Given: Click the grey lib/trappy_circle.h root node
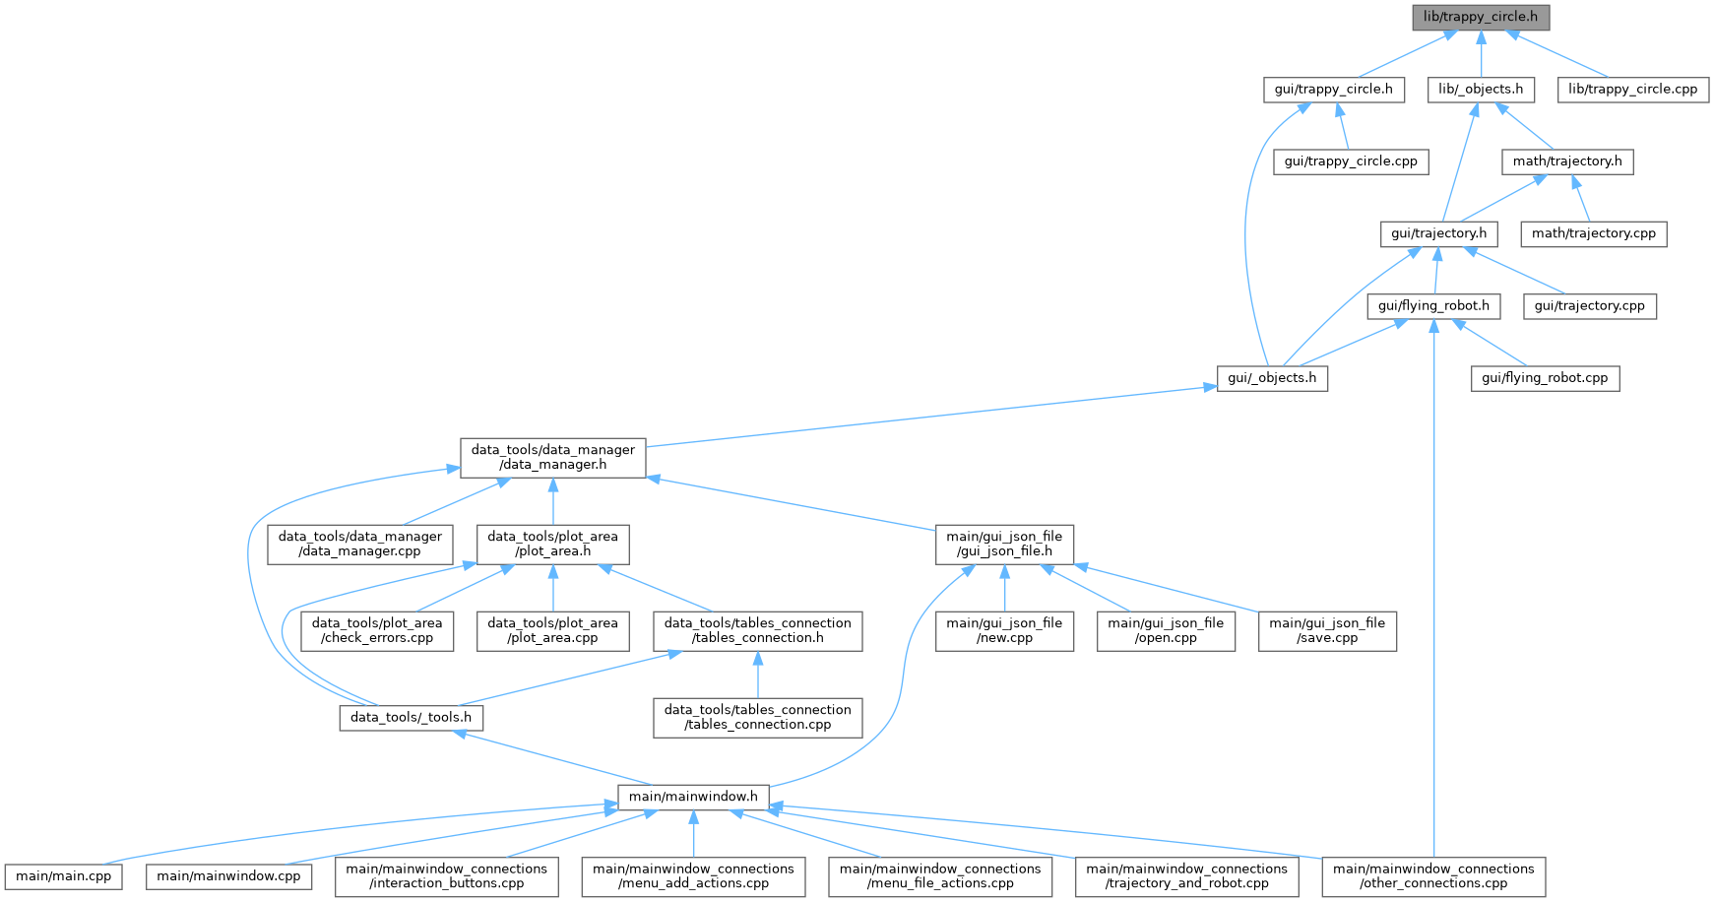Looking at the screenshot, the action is pos(1481,17).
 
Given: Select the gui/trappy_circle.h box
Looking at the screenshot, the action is pos(1333,90).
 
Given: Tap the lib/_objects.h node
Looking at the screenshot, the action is pos(1481,90).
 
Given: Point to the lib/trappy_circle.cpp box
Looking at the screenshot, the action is pos(1632,90).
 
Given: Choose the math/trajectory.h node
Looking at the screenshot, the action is pos(1567,161).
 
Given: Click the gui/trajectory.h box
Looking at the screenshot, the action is pos(1438,233).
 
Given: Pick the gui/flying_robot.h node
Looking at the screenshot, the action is pos(1433,306).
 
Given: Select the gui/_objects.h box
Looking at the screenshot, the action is pos(1272,378).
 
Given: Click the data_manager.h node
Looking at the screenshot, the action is pos(552,458).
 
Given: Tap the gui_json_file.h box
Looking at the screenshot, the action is pos(1004,545).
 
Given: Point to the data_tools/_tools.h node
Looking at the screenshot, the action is pos(411,718).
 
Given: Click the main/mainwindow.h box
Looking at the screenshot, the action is pos(693,797).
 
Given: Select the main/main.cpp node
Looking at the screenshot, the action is pos(64,876).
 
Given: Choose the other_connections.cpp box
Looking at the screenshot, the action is pos(1433,876).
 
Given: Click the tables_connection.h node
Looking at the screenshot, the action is pos(757,631).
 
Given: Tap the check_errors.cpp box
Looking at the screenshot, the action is pos(377,631).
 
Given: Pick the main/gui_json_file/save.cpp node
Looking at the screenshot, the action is pos(1327,631).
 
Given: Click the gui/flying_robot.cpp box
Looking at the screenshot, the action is pos(1545,378).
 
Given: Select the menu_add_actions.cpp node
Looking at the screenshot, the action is pos(693,876).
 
